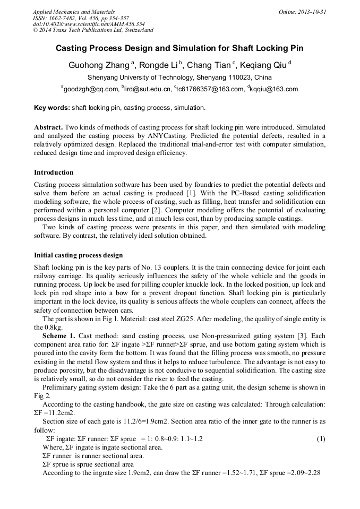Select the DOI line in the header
point(89,24)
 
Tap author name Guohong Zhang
point(98,65)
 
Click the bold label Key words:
point(52,108)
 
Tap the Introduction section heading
point(54,172)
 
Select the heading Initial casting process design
point(78,255)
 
